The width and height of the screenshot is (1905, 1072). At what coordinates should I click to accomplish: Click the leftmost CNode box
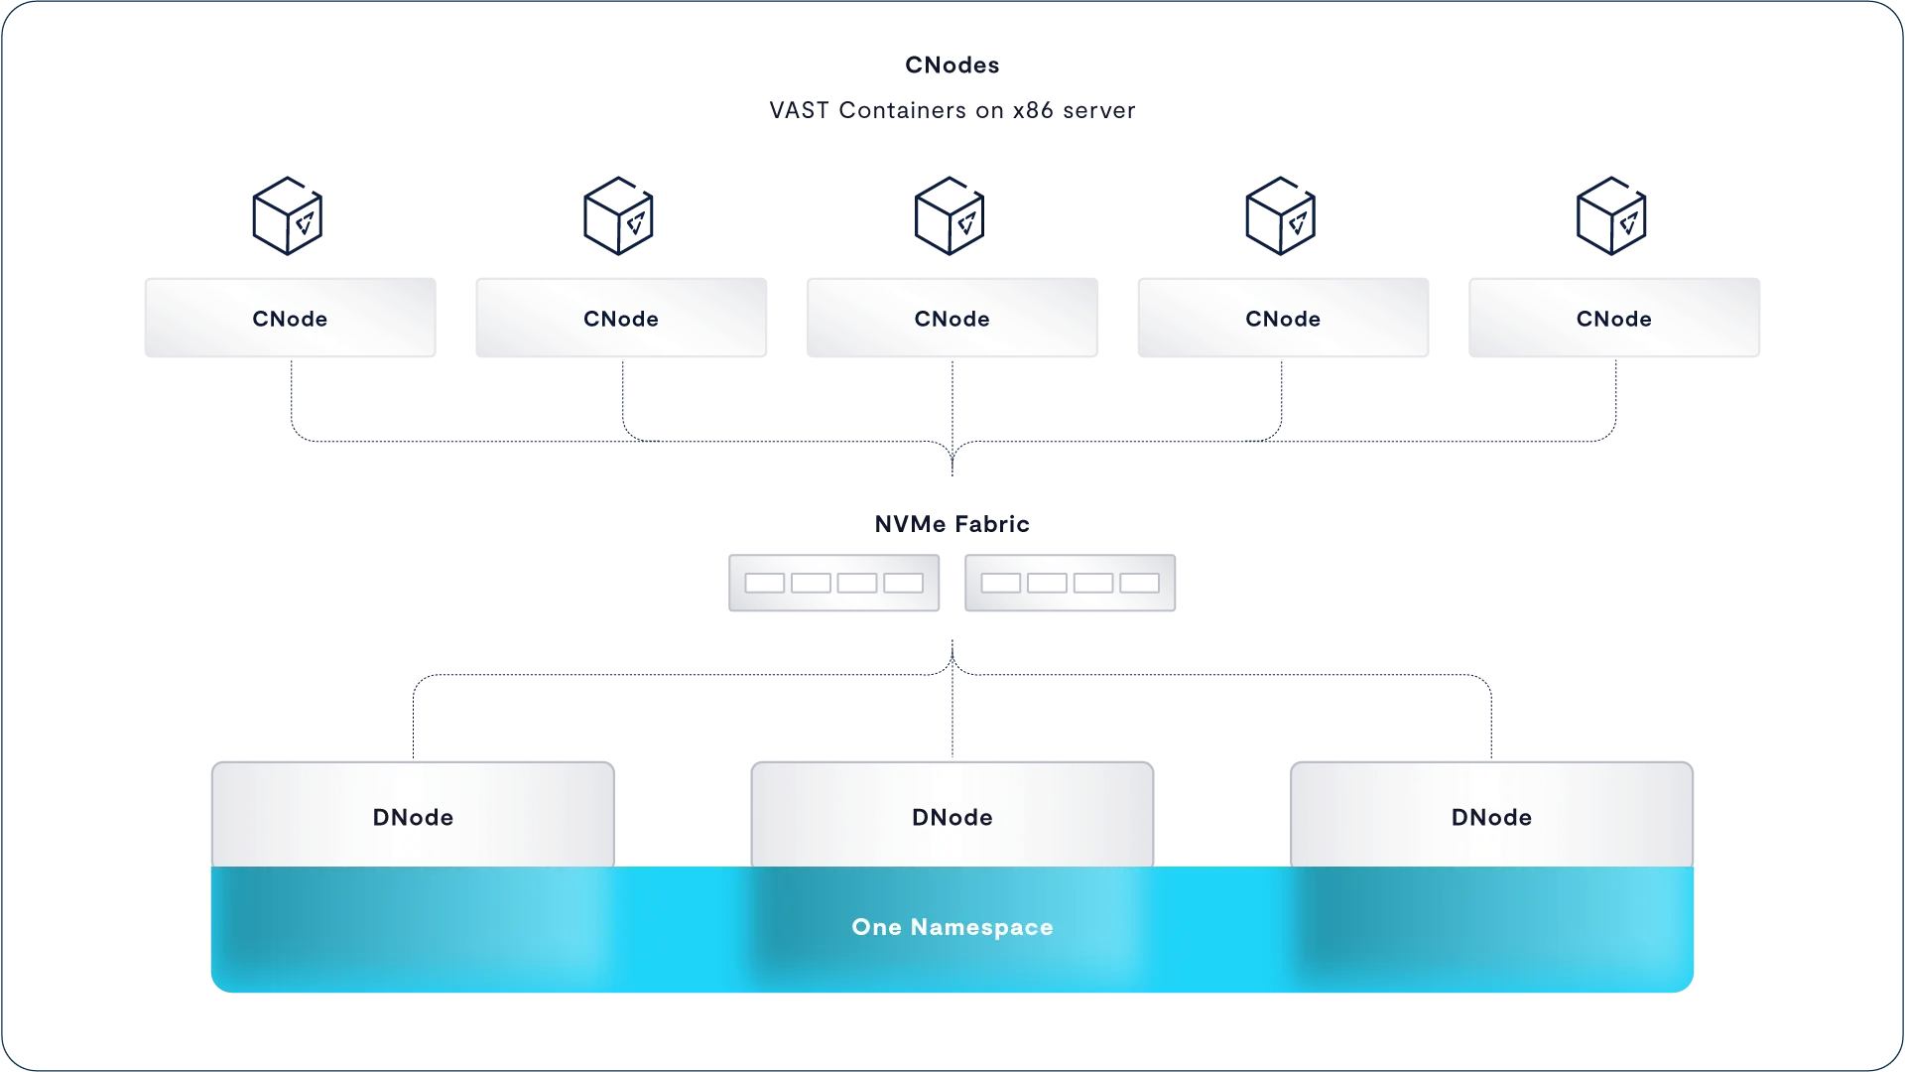[x=290, y=319]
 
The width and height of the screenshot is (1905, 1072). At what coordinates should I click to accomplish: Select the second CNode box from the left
[x=621, y=319]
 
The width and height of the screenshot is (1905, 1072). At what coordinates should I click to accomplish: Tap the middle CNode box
[x=952, y=319]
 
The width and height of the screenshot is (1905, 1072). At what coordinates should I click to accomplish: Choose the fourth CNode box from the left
[x=1283, y=319]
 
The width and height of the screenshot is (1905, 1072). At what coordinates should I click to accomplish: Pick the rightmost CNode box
[x=1614, y=319]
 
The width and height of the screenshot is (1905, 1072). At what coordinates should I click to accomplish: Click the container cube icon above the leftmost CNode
[x=288, y=216]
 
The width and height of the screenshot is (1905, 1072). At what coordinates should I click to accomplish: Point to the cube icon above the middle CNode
[x=950, y=216]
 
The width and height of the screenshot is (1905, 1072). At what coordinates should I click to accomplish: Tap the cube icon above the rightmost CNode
[x=1611, y=216]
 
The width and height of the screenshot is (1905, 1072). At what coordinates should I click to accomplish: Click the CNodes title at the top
[x=952, y=66]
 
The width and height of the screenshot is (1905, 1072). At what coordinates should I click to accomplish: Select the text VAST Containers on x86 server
[x=952, y=110]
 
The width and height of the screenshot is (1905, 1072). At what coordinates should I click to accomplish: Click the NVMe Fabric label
[x=952, y=524]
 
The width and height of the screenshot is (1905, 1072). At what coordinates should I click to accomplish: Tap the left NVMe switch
[x=833, y=583]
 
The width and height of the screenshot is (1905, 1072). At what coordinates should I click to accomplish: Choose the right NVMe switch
[x=1070, y=583]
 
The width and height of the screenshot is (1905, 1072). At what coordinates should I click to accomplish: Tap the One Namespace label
[x=952, y=927]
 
